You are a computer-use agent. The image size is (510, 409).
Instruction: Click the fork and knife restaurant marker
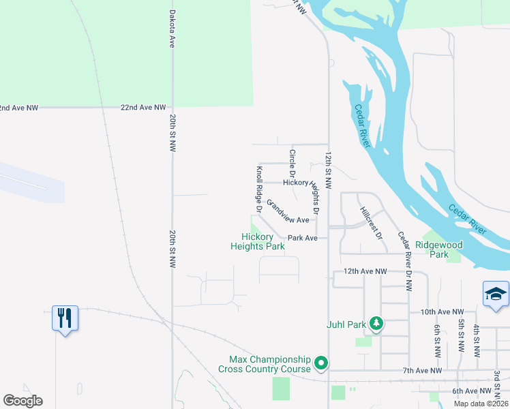click(65, 318)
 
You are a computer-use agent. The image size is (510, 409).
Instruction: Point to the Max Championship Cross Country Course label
click(265, 364)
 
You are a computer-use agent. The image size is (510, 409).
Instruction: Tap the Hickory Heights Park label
click(257, 241)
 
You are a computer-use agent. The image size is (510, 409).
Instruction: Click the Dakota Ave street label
click(172, 28)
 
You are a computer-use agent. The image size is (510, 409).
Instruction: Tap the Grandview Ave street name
click(288, 212)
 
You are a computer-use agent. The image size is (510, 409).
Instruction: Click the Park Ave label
click(303, 238)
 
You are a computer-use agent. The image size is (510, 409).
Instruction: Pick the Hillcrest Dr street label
click(372, 222)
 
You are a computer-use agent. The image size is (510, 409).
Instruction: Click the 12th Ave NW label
click(365, 271)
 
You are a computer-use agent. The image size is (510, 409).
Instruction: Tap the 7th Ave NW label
click(423, 370)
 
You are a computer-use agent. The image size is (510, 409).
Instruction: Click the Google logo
click(22, 401)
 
